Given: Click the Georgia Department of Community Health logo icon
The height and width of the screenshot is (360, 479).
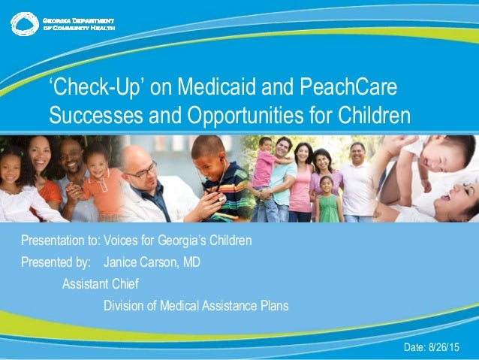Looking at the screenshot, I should coord(24,23).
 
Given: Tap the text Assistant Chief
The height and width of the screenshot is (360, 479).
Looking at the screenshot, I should coord(100,284).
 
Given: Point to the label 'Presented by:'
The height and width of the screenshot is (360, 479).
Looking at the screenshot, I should coord(56,263).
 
